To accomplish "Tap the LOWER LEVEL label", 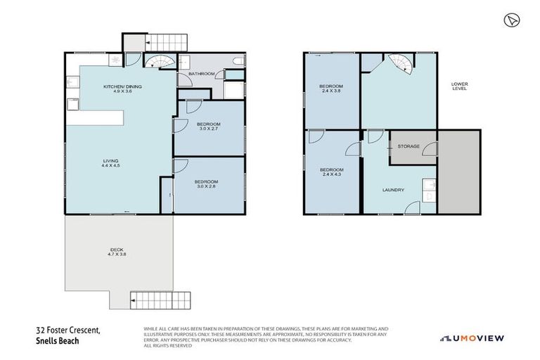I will [459, 87].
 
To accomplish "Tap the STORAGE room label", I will [409, 146].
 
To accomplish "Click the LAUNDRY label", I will [392, 189].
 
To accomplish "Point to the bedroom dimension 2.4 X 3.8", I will [333, 91].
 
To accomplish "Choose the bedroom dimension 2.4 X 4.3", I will [332, 174].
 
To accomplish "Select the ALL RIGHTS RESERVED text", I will [167, 345].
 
